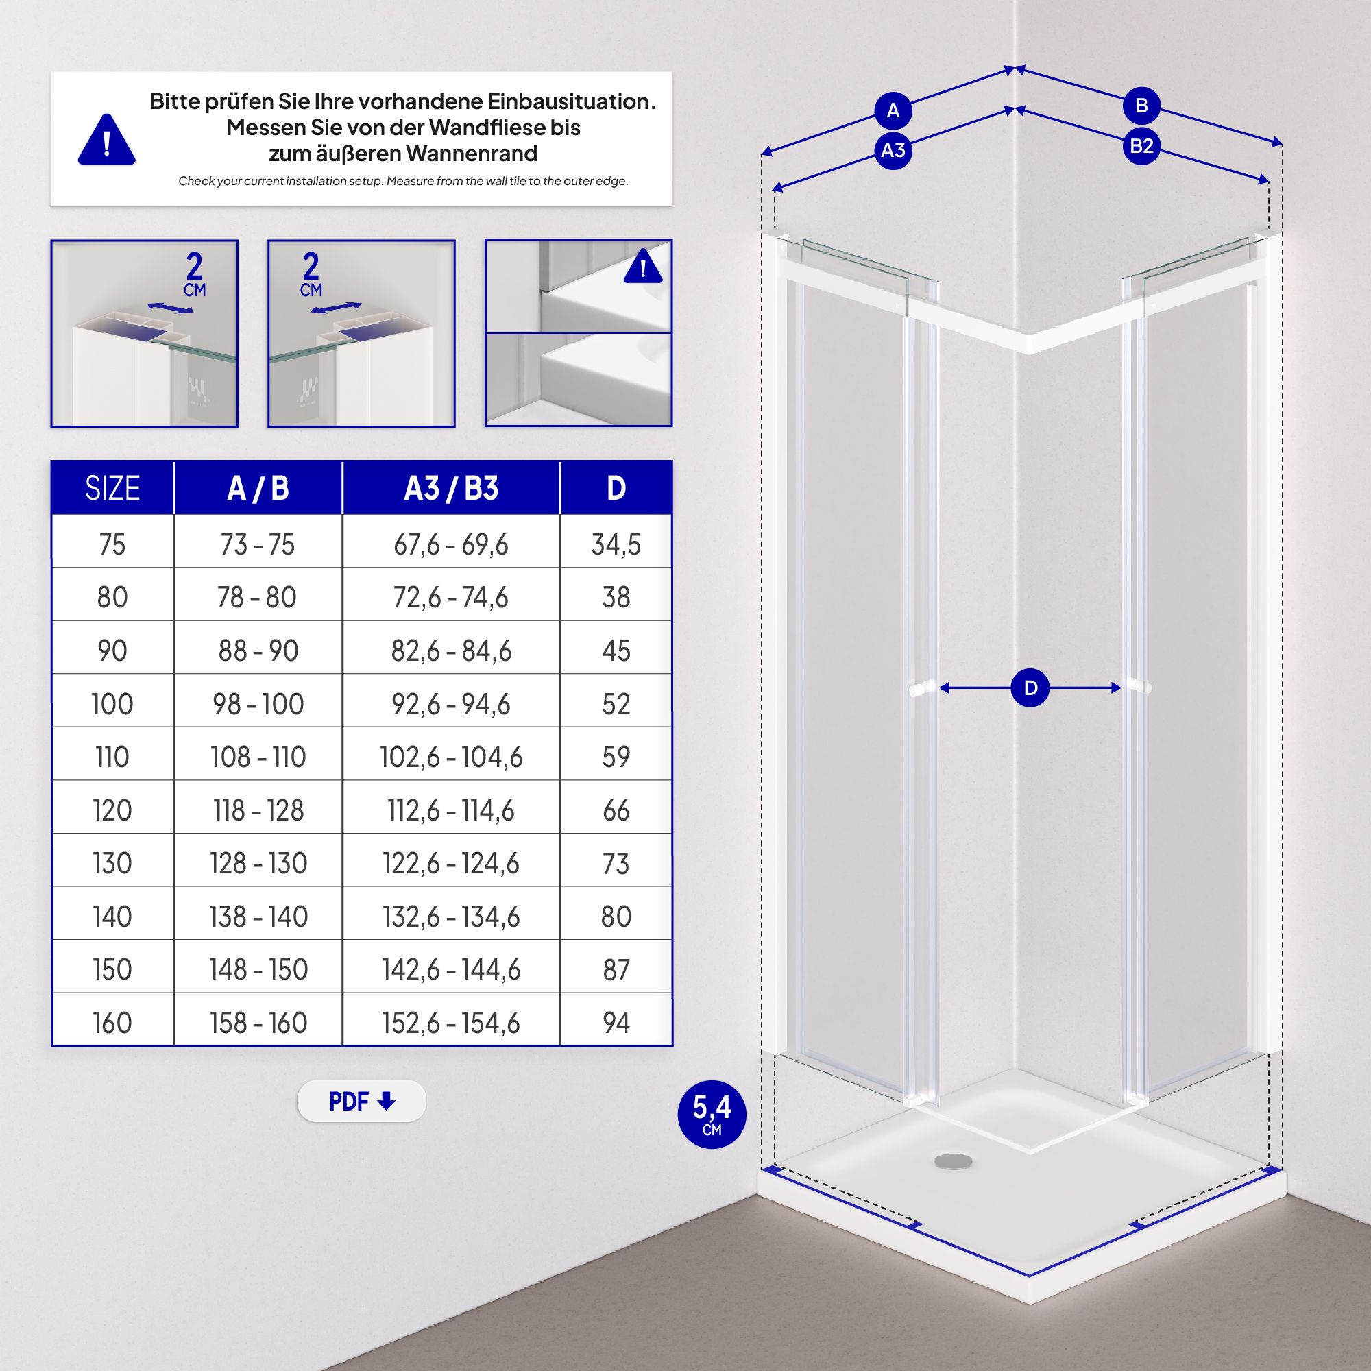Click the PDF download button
(361, 1102)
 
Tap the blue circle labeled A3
(893, 150)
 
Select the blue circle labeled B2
(1141, 146)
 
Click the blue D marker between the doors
(1030, 688)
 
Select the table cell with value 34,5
(616, 544)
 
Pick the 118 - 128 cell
(258, 810)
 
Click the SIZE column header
(112, 488)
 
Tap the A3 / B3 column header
(450, 488)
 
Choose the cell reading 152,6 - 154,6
(450, 1023)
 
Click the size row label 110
(112, 757)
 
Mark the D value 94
(616, 1023)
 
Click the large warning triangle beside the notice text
(106, 141)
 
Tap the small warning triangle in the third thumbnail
(643, 267)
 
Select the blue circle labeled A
(893, 110)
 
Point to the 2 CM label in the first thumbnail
(194, 274)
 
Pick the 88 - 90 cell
(258, 651)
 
